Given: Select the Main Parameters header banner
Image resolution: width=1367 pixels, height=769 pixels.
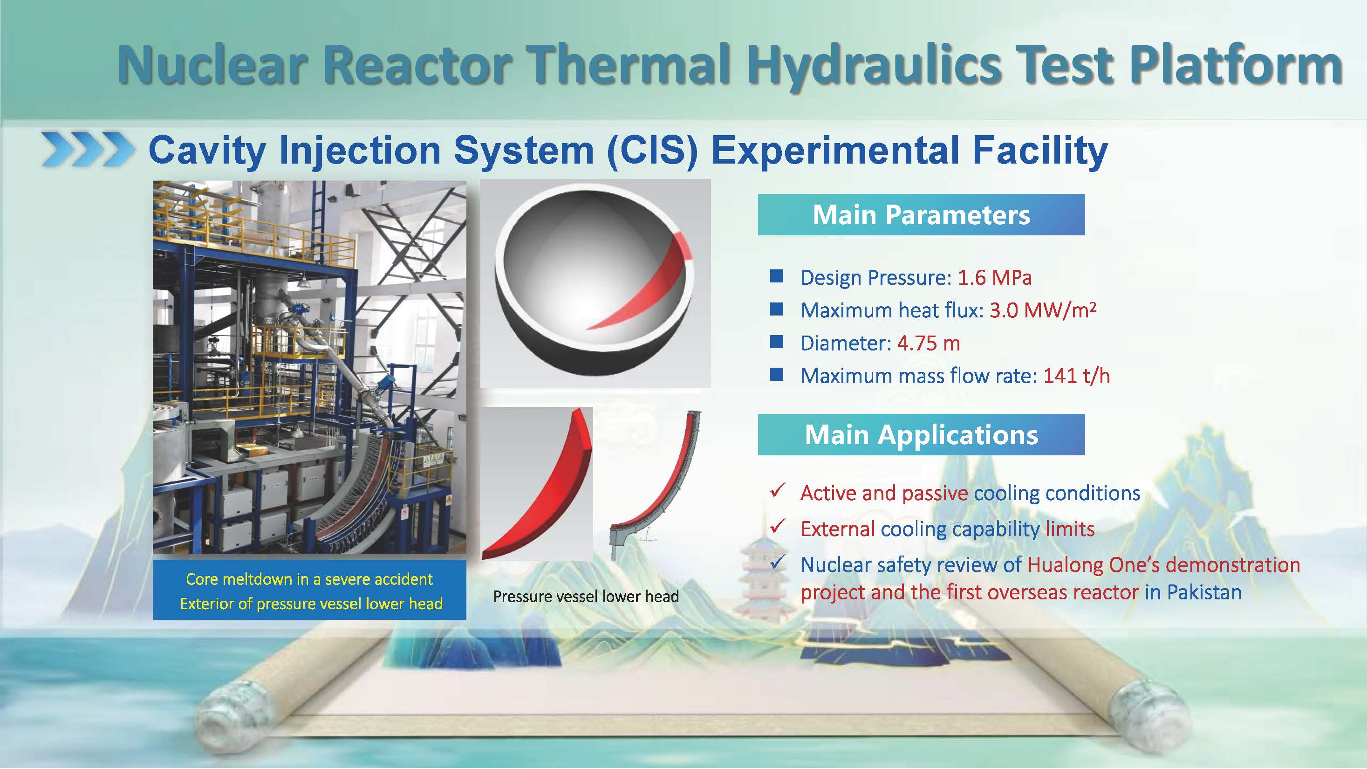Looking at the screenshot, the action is tap(921, 214).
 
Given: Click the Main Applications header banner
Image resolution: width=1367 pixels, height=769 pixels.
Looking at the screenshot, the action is tap(921, 435).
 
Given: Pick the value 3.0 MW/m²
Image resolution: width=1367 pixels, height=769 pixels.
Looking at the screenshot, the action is tap(1043, 310).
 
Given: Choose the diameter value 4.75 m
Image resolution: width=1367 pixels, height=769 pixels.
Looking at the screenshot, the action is tap(929, 343).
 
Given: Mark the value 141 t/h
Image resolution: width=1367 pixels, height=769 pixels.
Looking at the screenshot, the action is tap(1077, 376).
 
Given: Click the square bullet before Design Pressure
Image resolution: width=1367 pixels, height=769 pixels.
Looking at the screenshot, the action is tap(777, 276).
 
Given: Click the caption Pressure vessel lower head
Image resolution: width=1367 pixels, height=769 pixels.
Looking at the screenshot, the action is tap(586, 597).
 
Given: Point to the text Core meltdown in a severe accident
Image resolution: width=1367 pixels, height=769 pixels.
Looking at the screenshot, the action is tap(309, 579).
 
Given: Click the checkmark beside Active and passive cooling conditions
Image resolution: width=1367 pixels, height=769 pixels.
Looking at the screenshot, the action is tap(778, 490).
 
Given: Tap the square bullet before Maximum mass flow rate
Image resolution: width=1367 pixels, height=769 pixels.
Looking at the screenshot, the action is tap(777, 375).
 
